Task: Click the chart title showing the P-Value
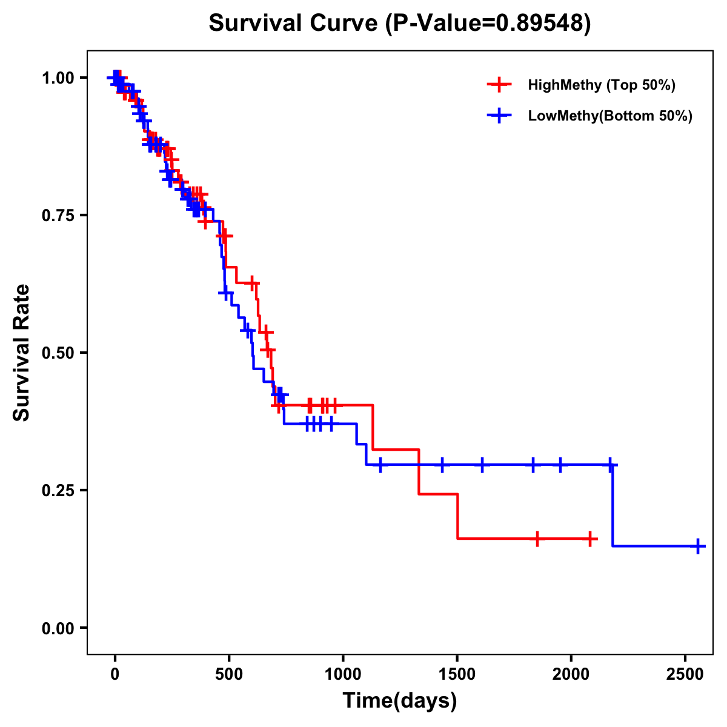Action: pos(400,23)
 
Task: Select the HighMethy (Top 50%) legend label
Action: pos(602,85)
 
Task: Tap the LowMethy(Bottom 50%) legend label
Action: pos(610,116)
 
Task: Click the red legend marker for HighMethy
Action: pos(499,85)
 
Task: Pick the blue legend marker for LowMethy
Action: pos(499,116)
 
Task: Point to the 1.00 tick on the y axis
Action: pos(59,78)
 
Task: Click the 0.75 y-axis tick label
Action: pos(59,216)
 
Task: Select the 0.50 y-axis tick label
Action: pos(59,353)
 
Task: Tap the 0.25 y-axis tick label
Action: pos(59,491)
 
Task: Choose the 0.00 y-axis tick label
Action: pos(59,628)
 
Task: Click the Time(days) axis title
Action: pos(400,701)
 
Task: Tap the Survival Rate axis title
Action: pos(22,353)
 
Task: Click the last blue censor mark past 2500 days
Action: pos(698,546)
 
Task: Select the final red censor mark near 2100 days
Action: pos(590,539)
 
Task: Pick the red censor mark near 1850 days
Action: pos(537,539)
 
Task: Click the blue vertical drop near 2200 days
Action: pos(612,506)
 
